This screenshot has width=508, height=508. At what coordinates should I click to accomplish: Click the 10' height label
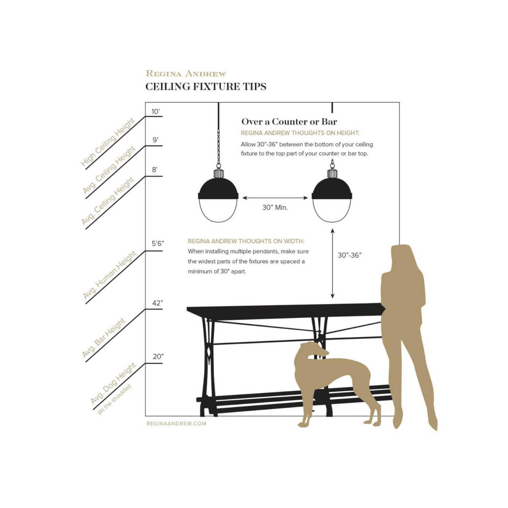155,111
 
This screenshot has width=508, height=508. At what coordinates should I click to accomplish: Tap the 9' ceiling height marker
155,140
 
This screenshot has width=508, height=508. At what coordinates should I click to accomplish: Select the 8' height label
155,170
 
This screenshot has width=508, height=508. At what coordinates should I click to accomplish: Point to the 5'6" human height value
158,244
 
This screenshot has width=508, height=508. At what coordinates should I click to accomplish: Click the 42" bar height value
157,303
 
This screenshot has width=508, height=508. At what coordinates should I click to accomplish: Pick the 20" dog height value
158,357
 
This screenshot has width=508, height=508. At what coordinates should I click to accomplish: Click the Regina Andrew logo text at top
186,73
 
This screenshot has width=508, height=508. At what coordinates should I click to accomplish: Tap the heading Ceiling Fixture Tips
206,87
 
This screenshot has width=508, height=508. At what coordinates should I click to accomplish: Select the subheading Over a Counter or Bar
289,122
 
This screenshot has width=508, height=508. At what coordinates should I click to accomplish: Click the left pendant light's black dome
218,189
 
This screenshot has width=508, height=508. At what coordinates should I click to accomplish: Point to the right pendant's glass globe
332,210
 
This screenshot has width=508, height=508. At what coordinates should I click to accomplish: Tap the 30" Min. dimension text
275,208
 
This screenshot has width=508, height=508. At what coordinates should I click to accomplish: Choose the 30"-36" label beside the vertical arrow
350,255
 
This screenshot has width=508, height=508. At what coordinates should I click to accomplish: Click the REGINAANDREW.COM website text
176,424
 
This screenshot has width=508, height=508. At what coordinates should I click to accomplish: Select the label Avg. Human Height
110,275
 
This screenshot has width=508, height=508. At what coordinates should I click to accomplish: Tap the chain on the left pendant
219,149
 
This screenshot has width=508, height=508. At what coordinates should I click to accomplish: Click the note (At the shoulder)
114,400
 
